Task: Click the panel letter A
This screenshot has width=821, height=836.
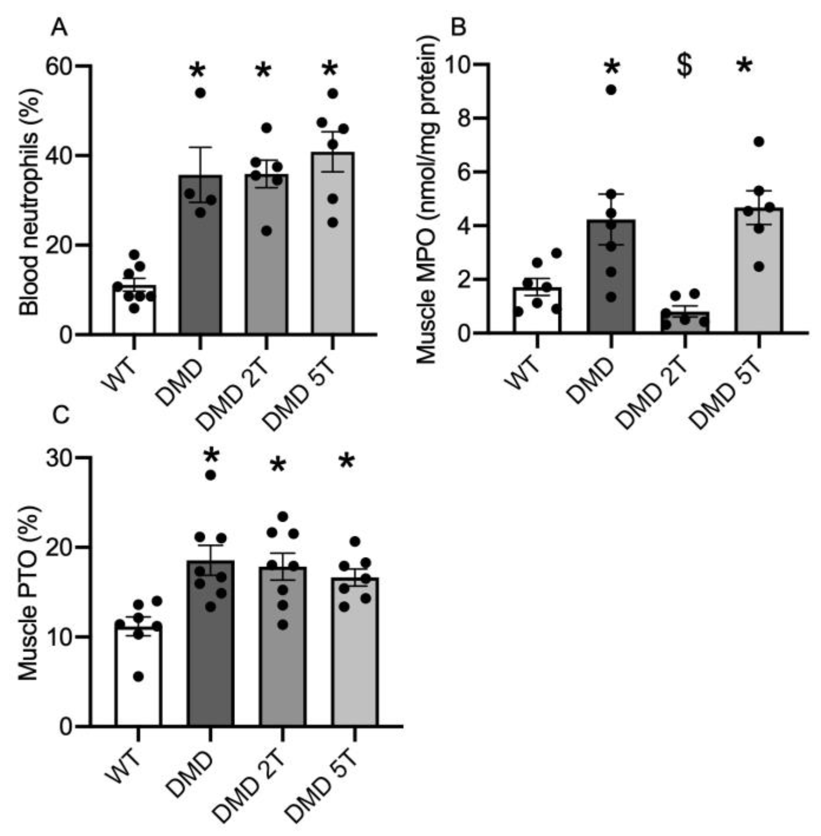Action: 59,29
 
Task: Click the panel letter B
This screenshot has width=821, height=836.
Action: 458,28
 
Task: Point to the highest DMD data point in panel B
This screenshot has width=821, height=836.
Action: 611,90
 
